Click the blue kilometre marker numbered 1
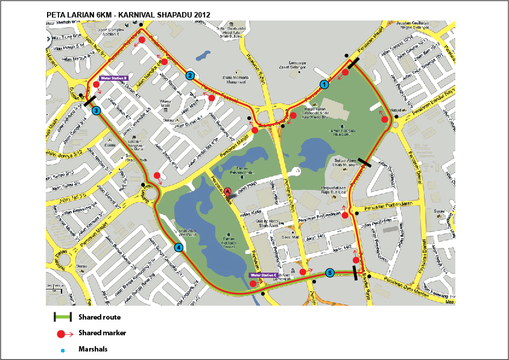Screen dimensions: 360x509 pyautogui.click(x=324, y=84)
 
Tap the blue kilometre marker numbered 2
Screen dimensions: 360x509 pyautogui.click(x=189, y=75)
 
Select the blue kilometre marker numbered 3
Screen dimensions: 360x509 pyautogui.click(x=96, y=110)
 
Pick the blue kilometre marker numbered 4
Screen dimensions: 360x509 pyautogui.click(x=179, y=247)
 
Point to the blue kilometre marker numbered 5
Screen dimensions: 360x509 pyautogui.click(x=329, y=273)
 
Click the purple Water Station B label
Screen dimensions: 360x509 pyautogui.click(x=115, y=78)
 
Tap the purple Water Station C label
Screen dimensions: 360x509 pyautogui.click(x=265, y=275)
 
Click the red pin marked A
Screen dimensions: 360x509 pyautogui.click(x=228, y=192)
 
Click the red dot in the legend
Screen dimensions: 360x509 pyautogui.click(x=60, y=333)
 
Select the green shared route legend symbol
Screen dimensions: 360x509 pyautogui.click(x=62, y=317)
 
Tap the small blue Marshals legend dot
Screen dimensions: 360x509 pyautogui.click(x=63, y=350)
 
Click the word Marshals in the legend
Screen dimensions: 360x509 pyautogui.click(x=92, y=349)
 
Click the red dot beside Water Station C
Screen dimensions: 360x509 pyautogui.click(x=253, y=283)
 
